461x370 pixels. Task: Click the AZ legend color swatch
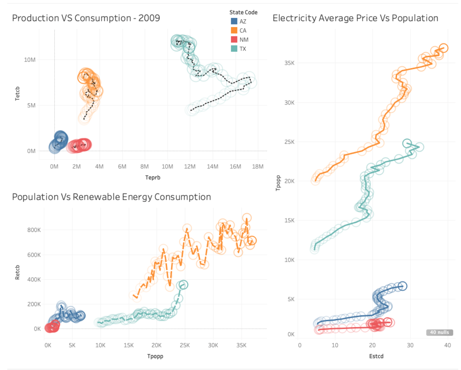pos(234,21)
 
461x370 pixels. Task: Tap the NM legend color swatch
pos(234,40)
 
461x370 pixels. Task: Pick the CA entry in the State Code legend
pos(243,31)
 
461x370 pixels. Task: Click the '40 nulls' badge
pos(440,333)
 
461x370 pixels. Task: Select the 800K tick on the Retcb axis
pos(33,230)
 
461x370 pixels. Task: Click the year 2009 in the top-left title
pos(149,18)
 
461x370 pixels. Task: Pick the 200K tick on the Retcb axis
pos(33,304)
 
